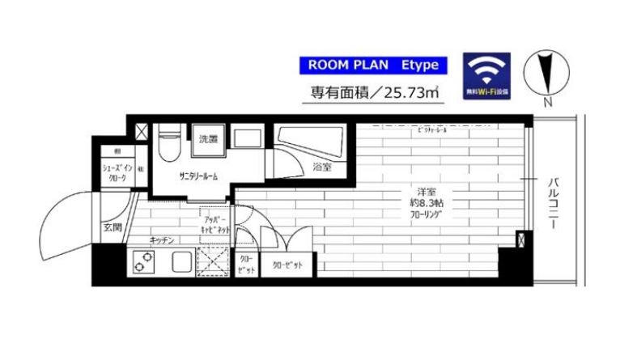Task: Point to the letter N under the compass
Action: coord(548,103)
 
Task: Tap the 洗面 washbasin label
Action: coord(208,140)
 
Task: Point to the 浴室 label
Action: coord(322,167)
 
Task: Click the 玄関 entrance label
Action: coord(113,228)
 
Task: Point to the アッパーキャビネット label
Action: coord(216,225)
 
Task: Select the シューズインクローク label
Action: coord(113,172)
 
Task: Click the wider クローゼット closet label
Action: coord(287,265)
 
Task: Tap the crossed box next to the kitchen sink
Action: coord(212,263)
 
